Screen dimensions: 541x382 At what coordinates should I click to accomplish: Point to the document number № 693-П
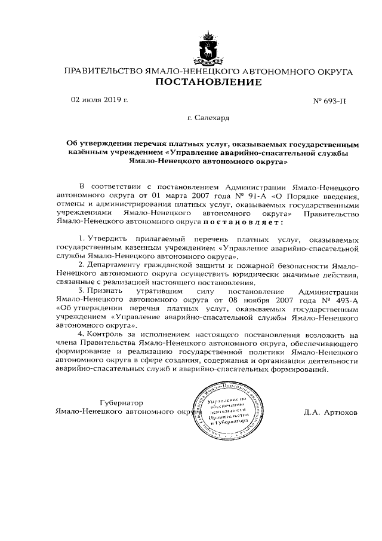click(329, 102)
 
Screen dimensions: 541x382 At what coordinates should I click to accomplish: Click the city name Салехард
click(207, 119)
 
